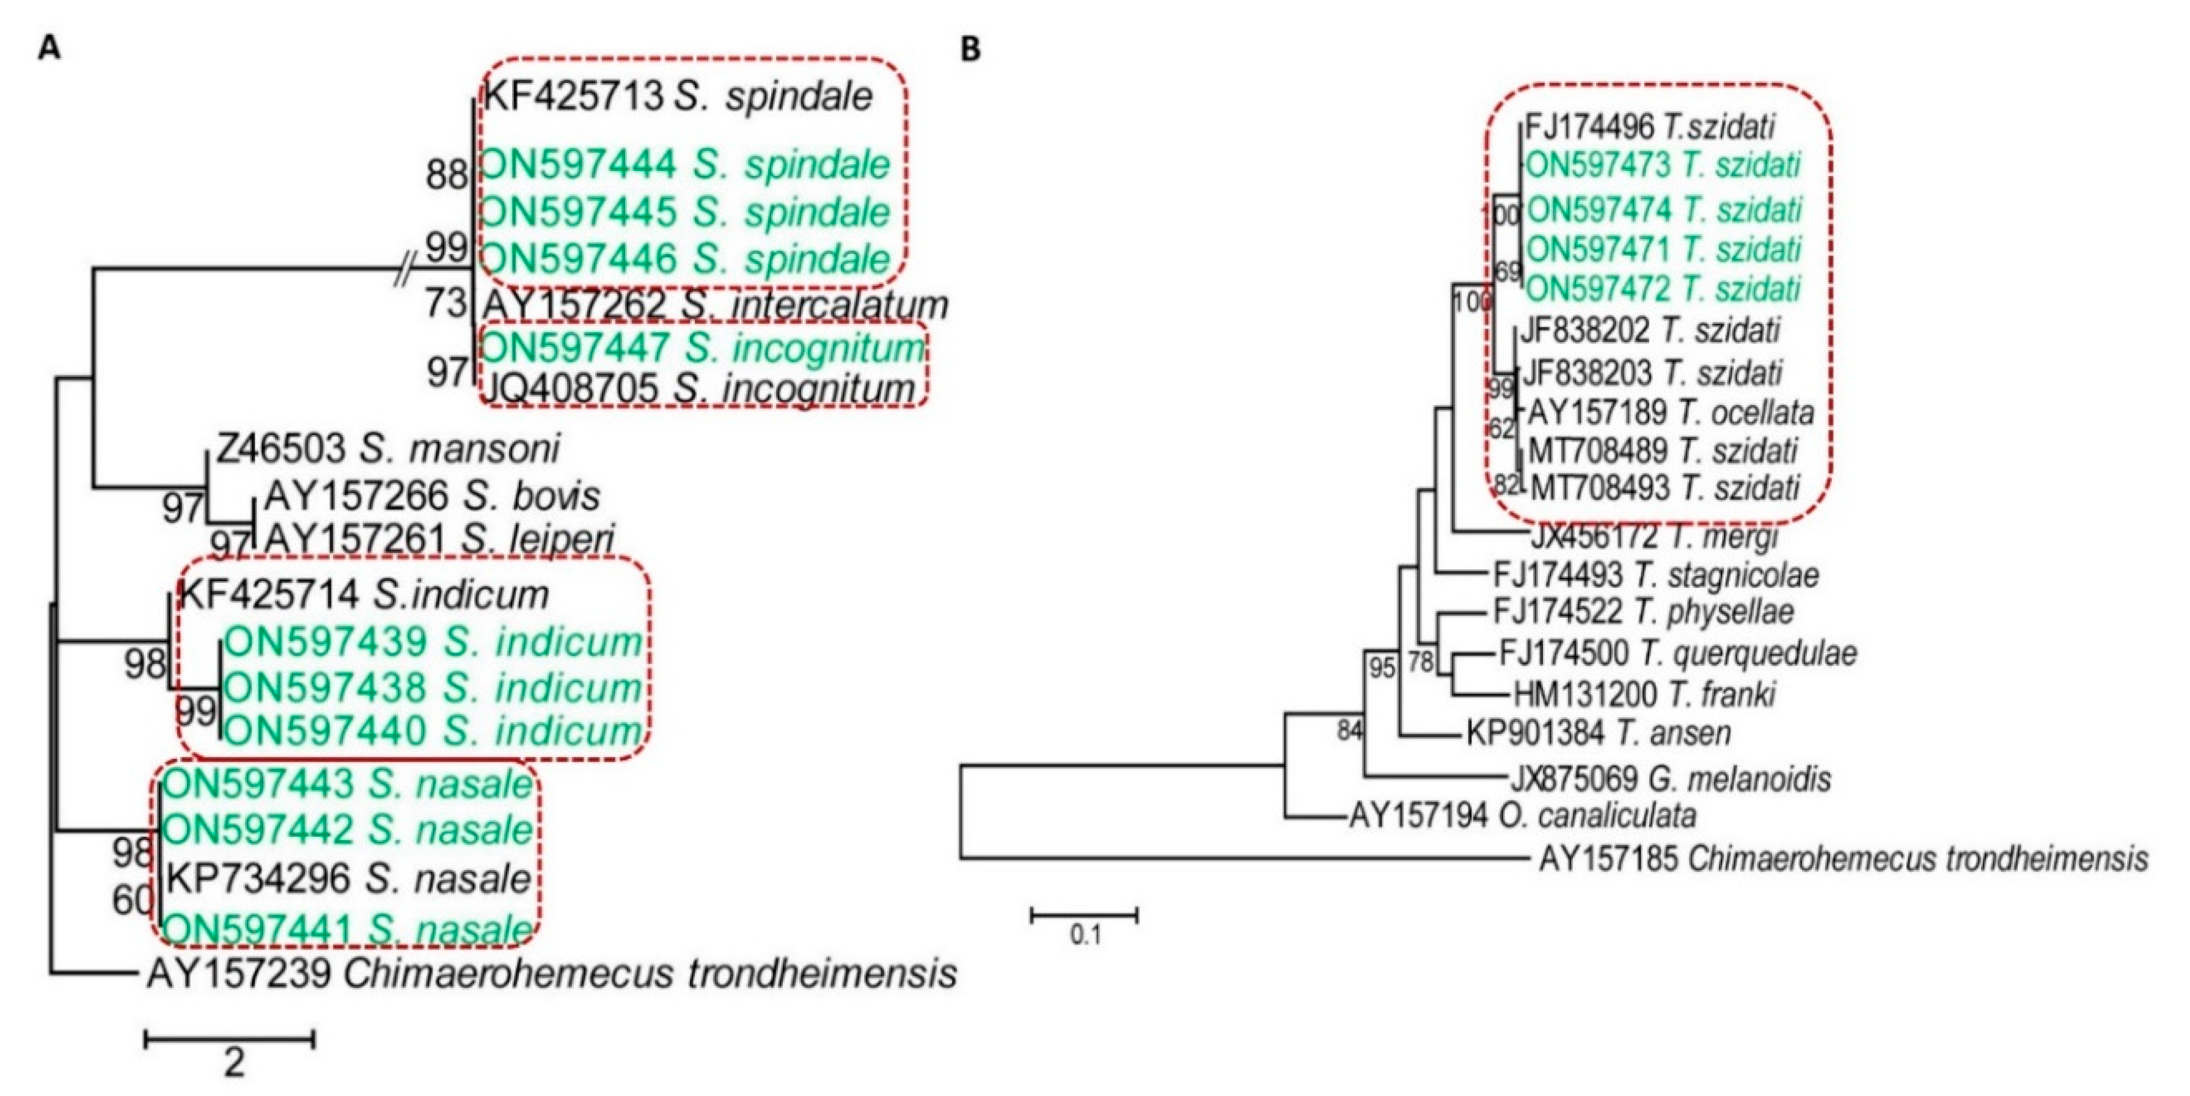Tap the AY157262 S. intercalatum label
[x=715, y=304]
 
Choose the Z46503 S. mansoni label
[x=387, y=448]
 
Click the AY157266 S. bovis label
[x=432, y=495]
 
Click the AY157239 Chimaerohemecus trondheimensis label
[x=552, y=973]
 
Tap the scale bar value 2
[x=234, y=1062]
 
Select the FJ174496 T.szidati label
[x=1649, y=126]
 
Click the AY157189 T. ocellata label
[x=1671, y=412]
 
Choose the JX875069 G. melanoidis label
[x=1671, y=778]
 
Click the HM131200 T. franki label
[x=1644, y=695]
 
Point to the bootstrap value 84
[x=1350, y=729]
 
